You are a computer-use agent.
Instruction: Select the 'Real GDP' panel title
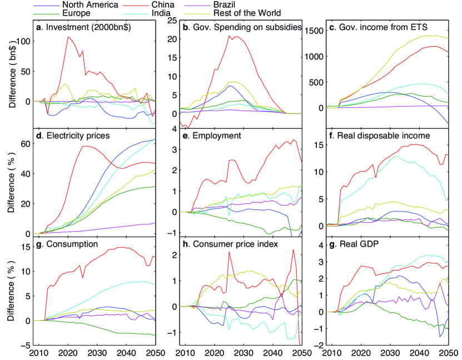pyautogui.click(x=352, y=243)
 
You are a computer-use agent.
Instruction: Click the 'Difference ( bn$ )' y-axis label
pyautogui.click(x=12, y=76)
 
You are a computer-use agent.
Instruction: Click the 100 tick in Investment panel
pyautogui.click(x=23, y=42)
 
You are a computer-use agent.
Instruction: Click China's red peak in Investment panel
pyautogui.click(x=68, y=37)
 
